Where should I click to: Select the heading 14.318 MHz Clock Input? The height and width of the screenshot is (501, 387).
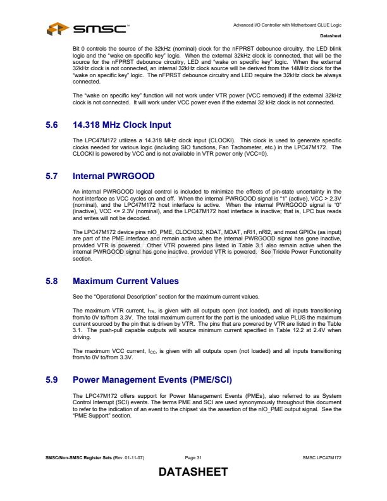coord(121,125)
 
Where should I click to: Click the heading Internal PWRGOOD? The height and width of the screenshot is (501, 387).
coord(114,175)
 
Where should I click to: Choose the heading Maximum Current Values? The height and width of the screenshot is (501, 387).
coord(126,281)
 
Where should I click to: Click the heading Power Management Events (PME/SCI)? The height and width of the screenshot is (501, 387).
coord(152,380)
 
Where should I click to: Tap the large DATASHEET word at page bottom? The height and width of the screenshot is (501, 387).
coord(193,473)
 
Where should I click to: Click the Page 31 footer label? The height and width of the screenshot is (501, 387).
coord(193,457)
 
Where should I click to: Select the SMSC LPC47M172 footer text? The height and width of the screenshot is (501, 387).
coord(322,457)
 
